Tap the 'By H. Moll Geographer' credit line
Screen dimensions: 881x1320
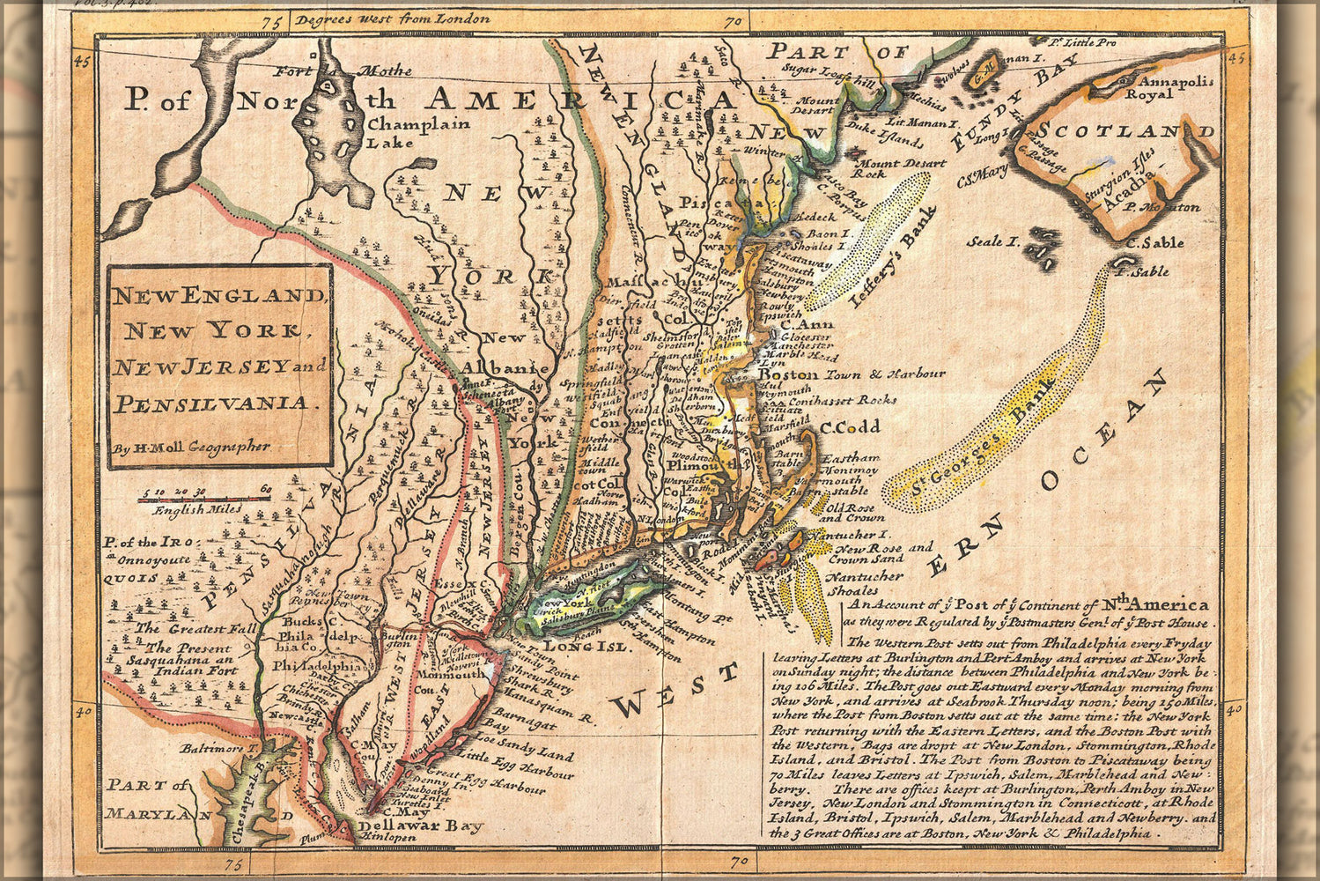point(190,448)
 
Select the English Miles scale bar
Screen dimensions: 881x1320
point(203,500)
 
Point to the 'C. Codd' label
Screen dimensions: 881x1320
point(850,427)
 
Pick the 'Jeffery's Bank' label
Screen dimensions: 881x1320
point(891,256)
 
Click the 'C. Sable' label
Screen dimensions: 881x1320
point(1154,242)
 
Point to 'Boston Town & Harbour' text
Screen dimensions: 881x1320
point(851,374)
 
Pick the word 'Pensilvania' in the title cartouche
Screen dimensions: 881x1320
point(212,403)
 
